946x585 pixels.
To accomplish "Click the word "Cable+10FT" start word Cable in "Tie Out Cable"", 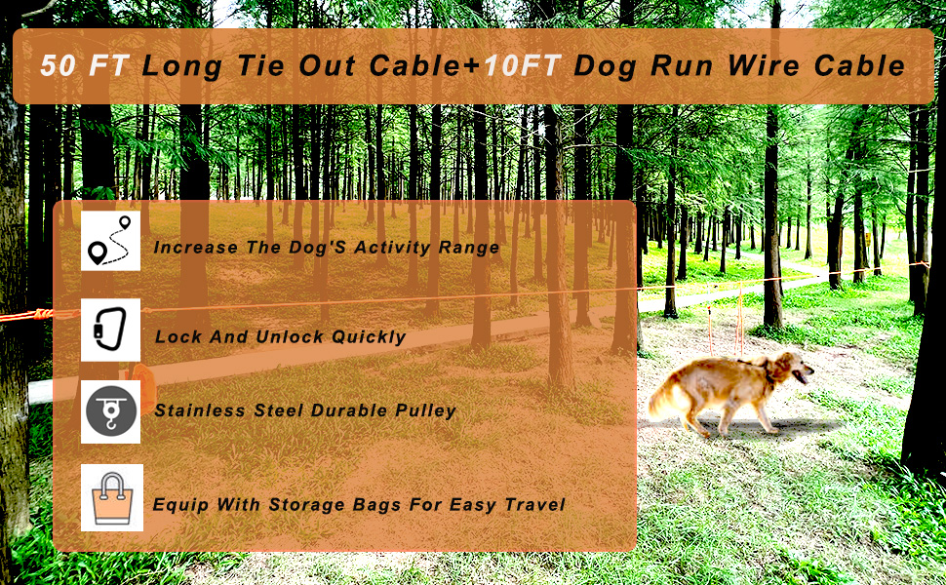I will tap(413, 66).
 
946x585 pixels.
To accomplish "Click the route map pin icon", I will tap(111, 241).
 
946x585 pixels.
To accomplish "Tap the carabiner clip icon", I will tap(111, 330).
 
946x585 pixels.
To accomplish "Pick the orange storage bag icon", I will tap(111, 498).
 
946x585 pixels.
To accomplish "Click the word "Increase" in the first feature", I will tap(195, 248).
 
